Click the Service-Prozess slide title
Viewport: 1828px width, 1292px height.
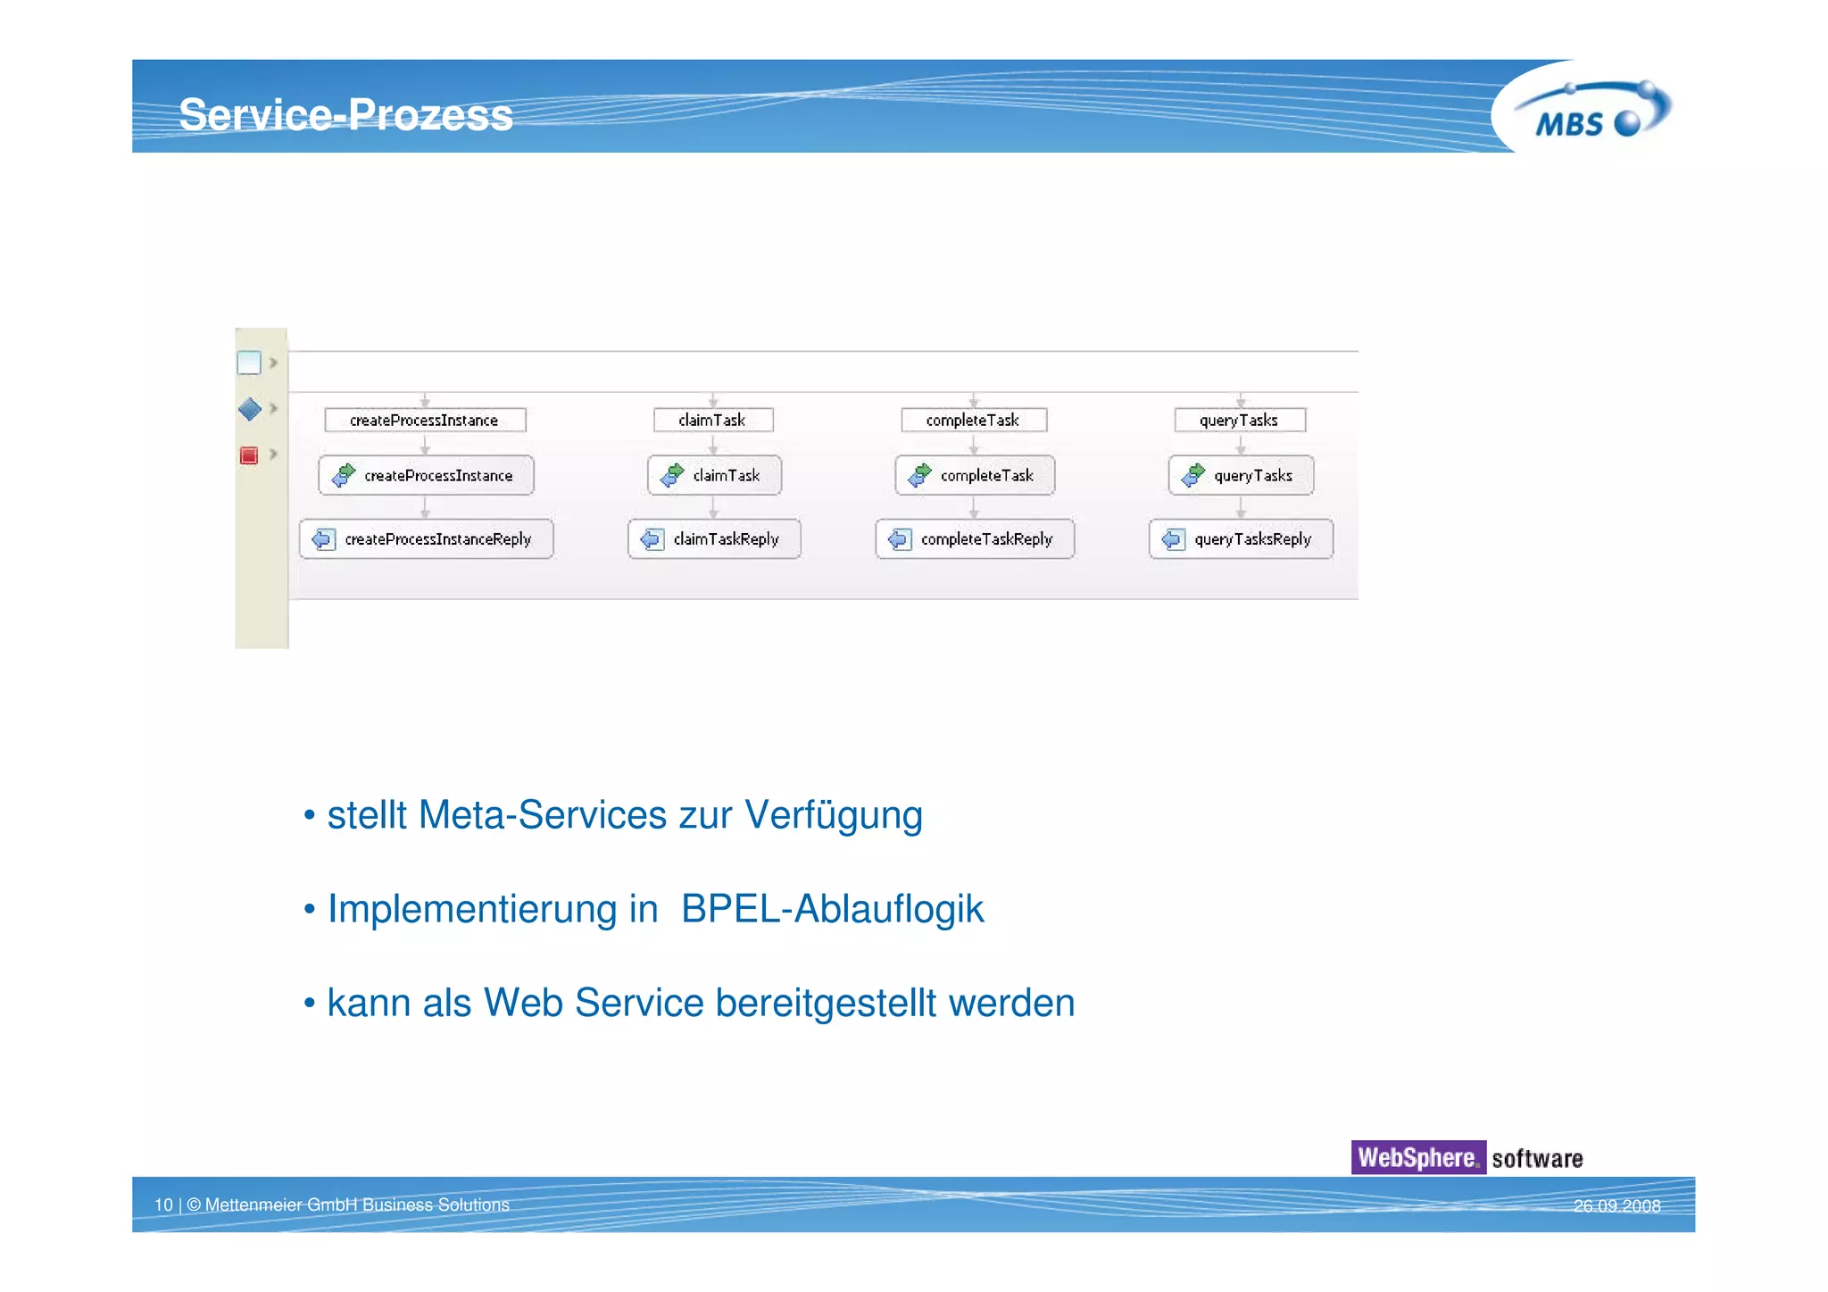(345, 114)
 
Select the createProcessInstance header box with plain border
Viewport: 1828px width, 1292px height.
(425, 420)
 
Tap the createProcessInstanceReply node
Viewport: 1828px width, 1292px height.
(427, 539)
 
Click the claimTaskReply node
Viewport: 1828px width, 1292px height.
(714, 539)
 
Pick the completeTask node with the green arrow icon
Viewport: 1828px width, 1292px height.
(975, 476)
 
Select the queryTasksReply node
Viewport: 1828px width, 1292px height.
(1241, 539)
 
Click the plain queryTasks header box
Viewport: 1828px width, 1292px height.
(1240, 420)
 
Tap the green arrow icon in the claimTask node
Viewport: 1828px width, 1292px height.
(672, 475)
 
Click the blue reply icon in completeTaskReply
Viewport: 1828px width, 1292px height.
(900, 539)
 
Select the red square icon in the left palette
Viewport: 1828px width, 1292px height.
(249, 455)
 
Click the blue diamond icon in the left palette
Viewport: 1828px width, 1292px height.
(250, 409)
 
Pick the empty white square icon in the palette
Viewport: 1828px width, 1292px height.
(249, 363)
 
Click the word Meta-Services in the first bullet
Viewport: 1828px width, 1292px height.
(542, 814)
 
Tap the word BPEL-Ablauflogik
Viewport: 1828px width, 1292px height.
(832, 909)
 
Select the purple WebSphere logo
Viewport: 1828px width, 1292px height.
(1417, 1157)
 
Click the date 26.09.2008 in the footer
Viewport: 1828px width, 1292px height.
(1616, 1205)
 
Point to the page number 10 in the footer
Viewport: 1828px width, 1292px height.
(163, 1204)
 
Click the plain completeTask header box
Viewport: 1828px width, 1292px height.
(973, 420)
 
